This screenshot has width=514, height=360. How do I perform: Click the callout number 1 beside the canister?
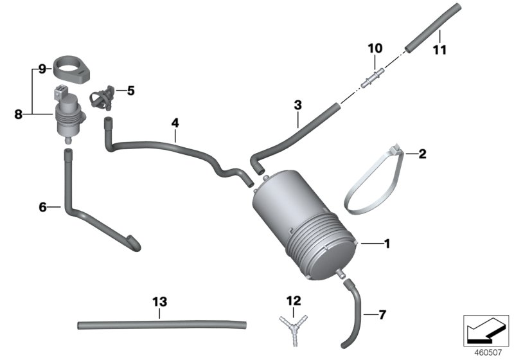(387, 244)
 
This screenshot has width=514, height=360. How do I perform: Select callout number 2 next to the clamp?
(422, 154)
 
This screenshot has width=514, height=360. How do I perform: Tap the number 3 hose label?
(297, 104)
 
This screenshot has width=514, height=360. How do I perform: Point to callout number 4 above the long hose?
(175, 122)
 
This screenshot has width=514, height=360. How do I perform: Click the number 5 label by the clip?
(130, 91)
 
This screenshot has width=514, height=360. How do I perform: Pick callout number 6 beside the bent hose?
(43, 207)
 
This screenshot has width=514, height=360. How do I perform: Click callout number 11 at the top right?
(439, 51)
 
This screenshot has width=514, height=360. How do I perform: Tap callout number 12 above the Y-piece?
(294, 300)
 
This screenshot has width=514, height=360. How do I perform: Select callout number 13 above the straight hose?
(159, 301)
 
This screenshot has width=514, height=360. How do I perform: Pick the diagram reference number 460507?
(486, 352)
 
